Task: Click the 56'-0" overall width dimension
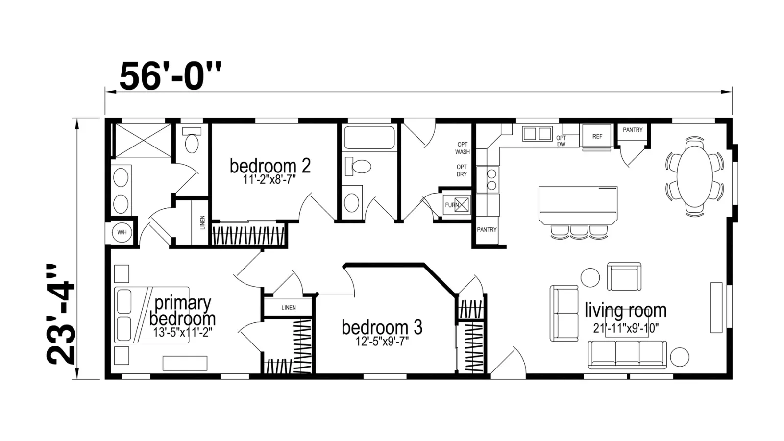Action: [171, 76]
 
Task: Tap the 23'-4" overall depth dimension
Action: [61, 314]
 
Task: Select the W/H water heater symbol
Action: [122, 232]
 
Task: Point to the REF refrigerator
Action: [597, 136]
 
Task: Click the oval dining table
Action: [694, 176]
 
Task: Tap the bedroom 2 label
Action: [270, 166]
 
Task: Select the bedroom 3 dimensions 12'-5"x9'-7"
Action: [382, 341]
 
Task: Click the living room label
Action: [626, 310]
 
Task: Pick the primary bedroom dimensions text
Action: [182, 332]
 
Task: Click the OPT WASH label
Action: [463, 148]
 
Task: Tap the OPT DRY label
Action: [462, 171]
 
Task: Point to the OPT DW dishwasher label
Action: [561, 141]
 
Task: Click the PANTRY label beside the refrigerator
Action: [633, 130]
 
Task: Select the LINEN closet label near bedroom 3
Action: [289, 308]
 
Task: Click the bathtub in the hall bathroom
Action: [369, 138]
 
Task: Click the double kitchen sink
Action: [537, 134]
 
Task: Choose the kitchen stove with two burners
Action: [488, 179]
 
